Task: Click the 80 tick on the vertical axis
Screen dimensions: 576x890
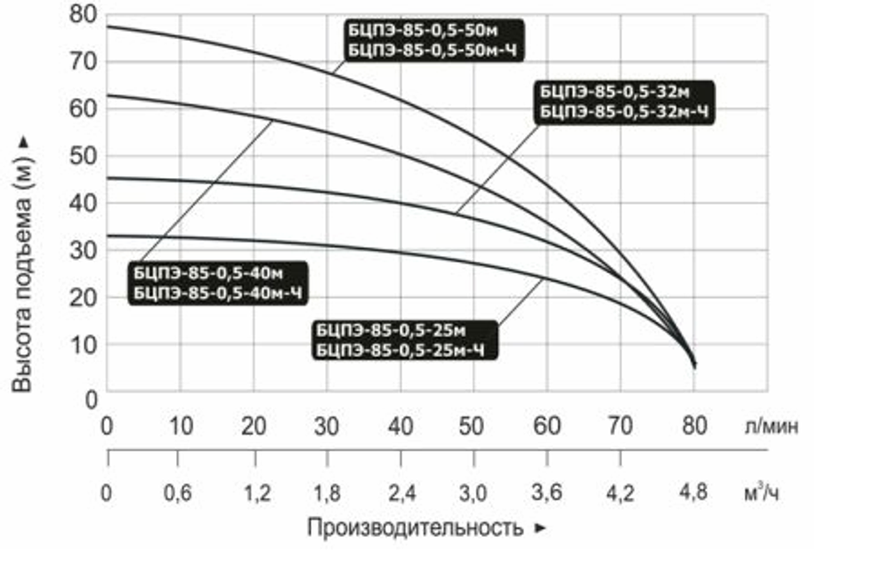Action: (81, 15)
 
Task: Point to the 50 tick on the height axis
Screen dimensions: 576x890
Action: (81, 157)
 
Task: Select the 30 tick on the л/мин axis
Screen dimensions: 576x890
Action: (327, 426)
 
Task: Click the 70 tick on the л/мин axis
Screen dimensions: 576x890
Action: (620, 426)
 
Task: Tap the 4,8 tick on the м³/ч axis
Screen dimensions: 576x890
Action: (693, 492)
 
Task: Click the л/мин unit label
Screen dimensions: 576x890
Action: (771, 426)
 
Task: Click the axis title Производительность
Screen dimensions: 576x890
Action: (415, 528)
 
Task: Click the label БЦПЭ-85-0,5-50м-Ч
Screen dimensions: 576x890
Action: (433, 50)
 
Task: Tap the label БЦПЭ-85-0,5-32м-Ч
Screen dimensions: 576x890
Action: (625, 111)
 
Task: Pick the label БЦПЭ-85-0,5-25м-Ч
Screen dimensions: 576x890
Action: (402, 348)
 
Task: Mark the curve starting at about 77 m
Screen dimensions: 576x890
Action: (267, 54)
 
